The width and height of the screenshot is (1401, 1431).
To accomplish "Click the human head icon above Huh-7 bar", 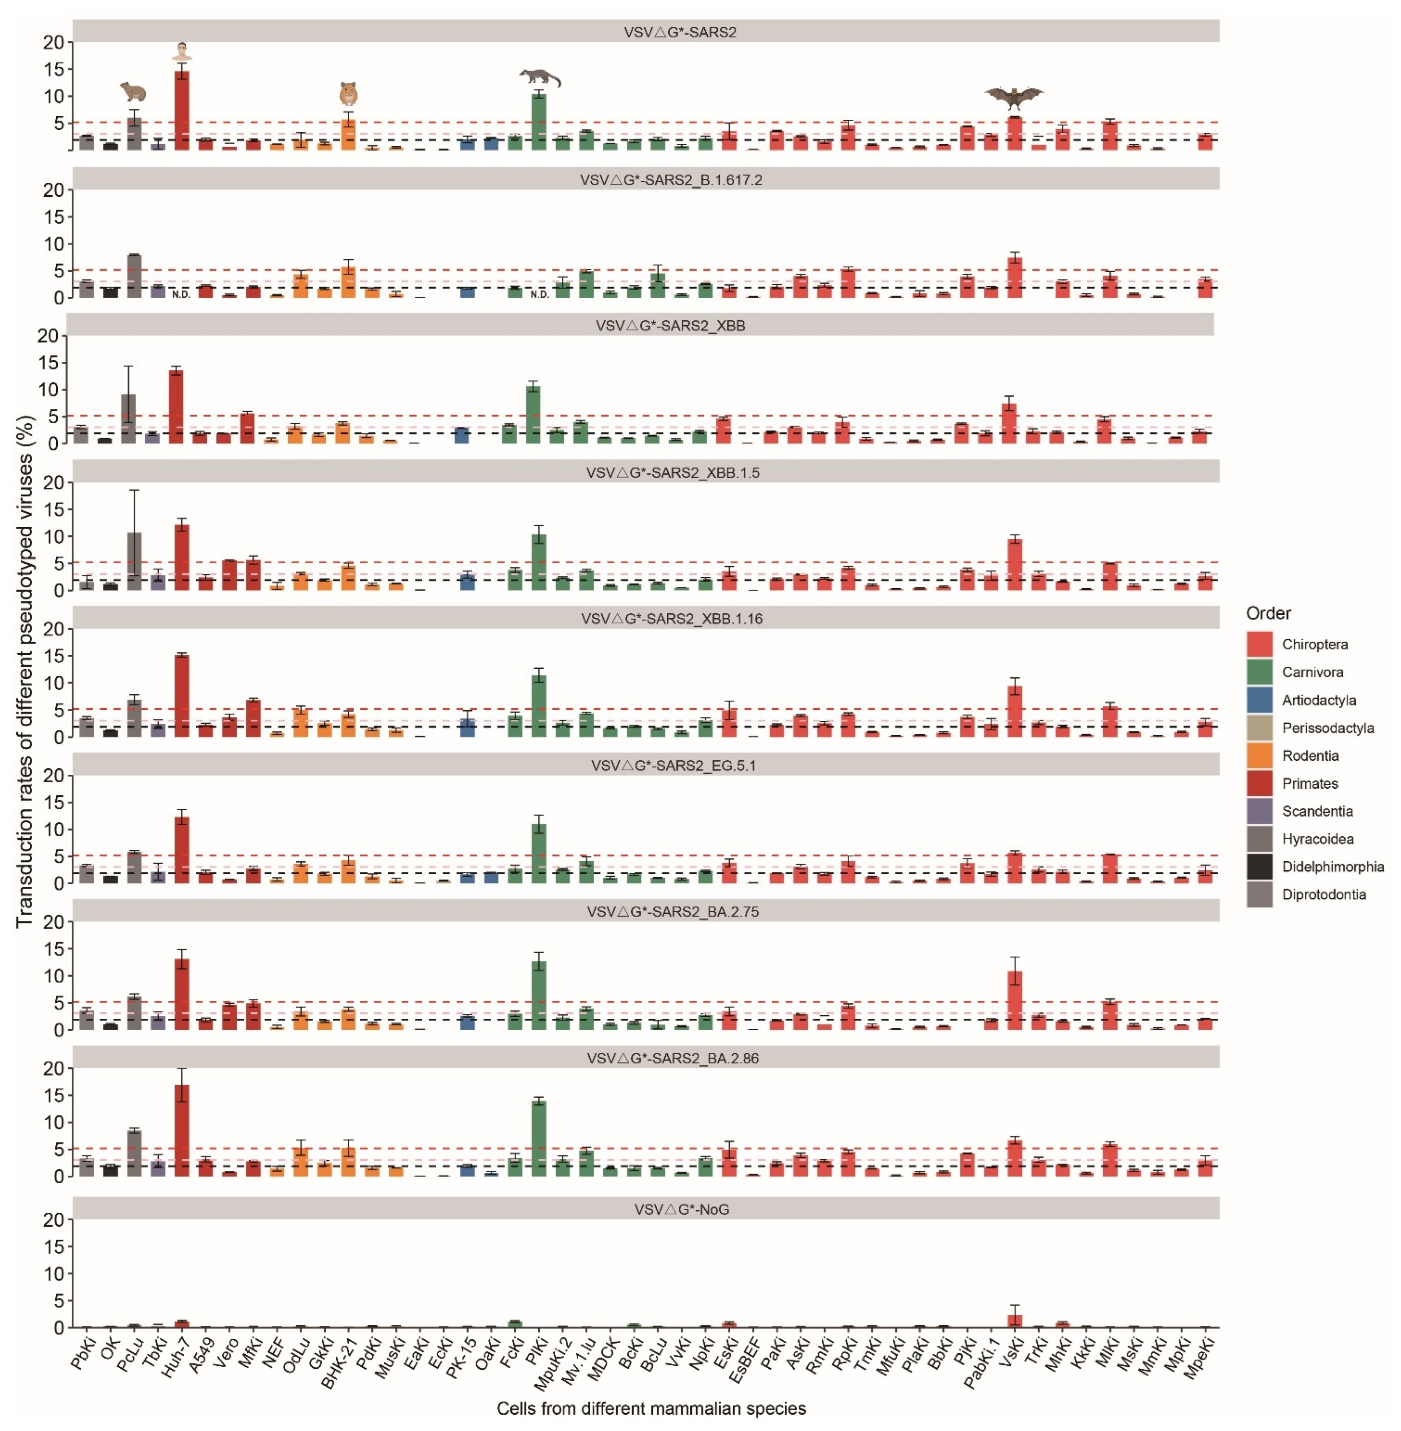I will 182,51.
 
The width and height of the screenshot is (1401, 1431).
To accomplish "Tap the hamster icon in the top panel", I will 348,94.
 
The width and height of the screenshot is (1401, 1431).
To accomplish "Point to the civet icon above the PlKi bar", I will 539,77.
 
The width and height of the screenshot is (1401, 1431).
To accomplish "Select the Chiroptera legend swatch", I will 1259,644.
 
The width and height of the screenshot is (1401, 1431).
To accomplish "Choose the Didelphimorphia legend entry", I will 1332,867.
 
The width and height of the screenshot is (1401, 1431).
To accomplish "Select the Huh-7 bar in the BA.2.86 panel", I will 182,1130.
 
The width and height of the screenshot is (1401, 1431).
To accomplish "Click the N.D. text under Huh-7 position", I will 181,295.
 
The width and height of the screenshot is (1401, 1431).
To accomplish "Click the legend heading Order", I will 1268,613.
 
